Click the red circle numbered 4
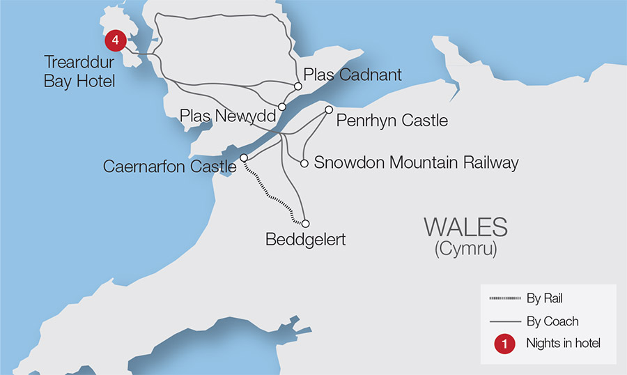(x=115, y=40)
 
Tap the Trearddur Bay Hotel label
(x=79, y=72)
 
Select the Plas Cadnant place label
(x=353, y=75)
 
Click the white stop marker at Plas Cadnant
(x=297, y=86)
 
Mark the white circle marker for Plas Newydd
(x=282, y=107)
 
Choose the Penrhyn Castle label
(x=392, y=121)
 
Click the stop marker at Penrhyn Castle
(x=329, y=109)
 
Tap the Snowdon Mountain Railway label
(x=416, y=163)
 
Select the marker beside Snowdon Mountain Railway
(x=304, y=164)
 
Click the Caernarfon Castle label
(x=169, y=167)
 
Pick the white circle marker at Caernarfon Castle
(x=244, y=158)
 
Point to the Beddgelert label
(x=306, y=240)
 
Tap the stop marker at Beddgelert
(x=305, y=223)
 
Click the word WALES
(x=465, y=227)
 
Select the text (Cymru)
(x=465, y=250)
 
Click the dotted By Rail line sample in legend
(x=505, y=299)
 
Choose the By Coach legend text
(x=552, y=321)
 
